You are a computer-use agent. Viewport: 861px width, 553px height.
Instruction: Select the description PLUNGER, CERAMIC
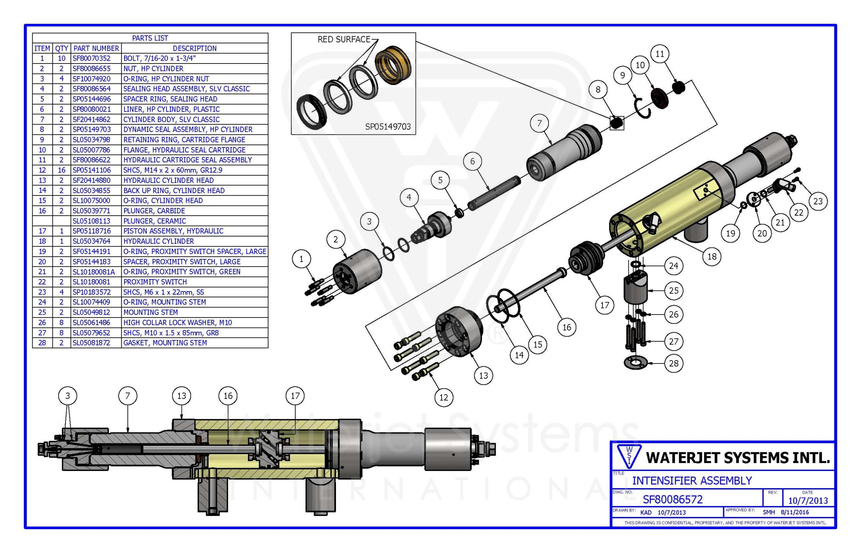coord(155,221)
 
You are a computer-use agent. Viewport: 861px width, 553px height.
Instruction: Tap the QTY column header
coord(62,48)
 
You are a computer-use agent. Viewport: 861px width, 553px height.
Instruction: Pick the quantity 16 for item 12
coord(62,170)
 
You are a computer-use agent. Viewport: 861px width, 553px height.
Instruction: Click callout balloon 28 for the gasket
coord(673,363)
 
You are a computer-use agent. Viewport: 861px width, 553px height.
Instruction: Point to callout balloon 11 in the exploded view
coord(660,54)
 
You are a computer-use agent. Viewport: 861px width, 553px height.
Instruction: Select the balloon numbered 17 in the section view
coord(295,396)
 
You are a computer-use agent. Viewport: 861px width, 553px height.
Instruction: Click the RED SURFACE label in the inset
coord(344,39)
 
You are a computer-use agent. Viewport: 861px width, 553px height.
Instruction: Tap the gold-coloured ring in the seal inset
coord(392,65)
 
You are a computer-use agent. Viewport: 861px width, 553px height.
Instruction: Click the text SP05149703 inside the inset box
coord(387,126)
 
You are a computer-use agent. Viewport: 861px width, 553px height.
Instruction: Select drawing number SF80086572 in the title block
coord(672,499)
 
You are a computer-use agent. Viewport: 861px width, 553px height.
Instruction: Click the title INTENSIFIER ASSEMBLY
coord(692,480)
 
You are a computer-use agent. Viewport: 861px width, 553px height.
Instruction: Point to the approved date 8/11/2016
coord(794,512)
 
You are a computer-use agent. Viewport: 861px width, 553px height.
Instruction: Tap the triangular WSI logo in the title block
coord(628,456)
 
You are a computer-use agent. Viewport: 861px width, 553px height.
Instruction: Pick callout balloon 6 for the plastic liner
coord(473,161)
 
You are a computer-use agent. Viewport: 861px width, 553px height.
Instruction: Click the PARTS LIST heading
coord(150,38)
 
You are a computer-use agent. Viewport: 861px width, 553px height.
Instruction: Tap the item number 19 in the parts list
coord(42,251)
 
